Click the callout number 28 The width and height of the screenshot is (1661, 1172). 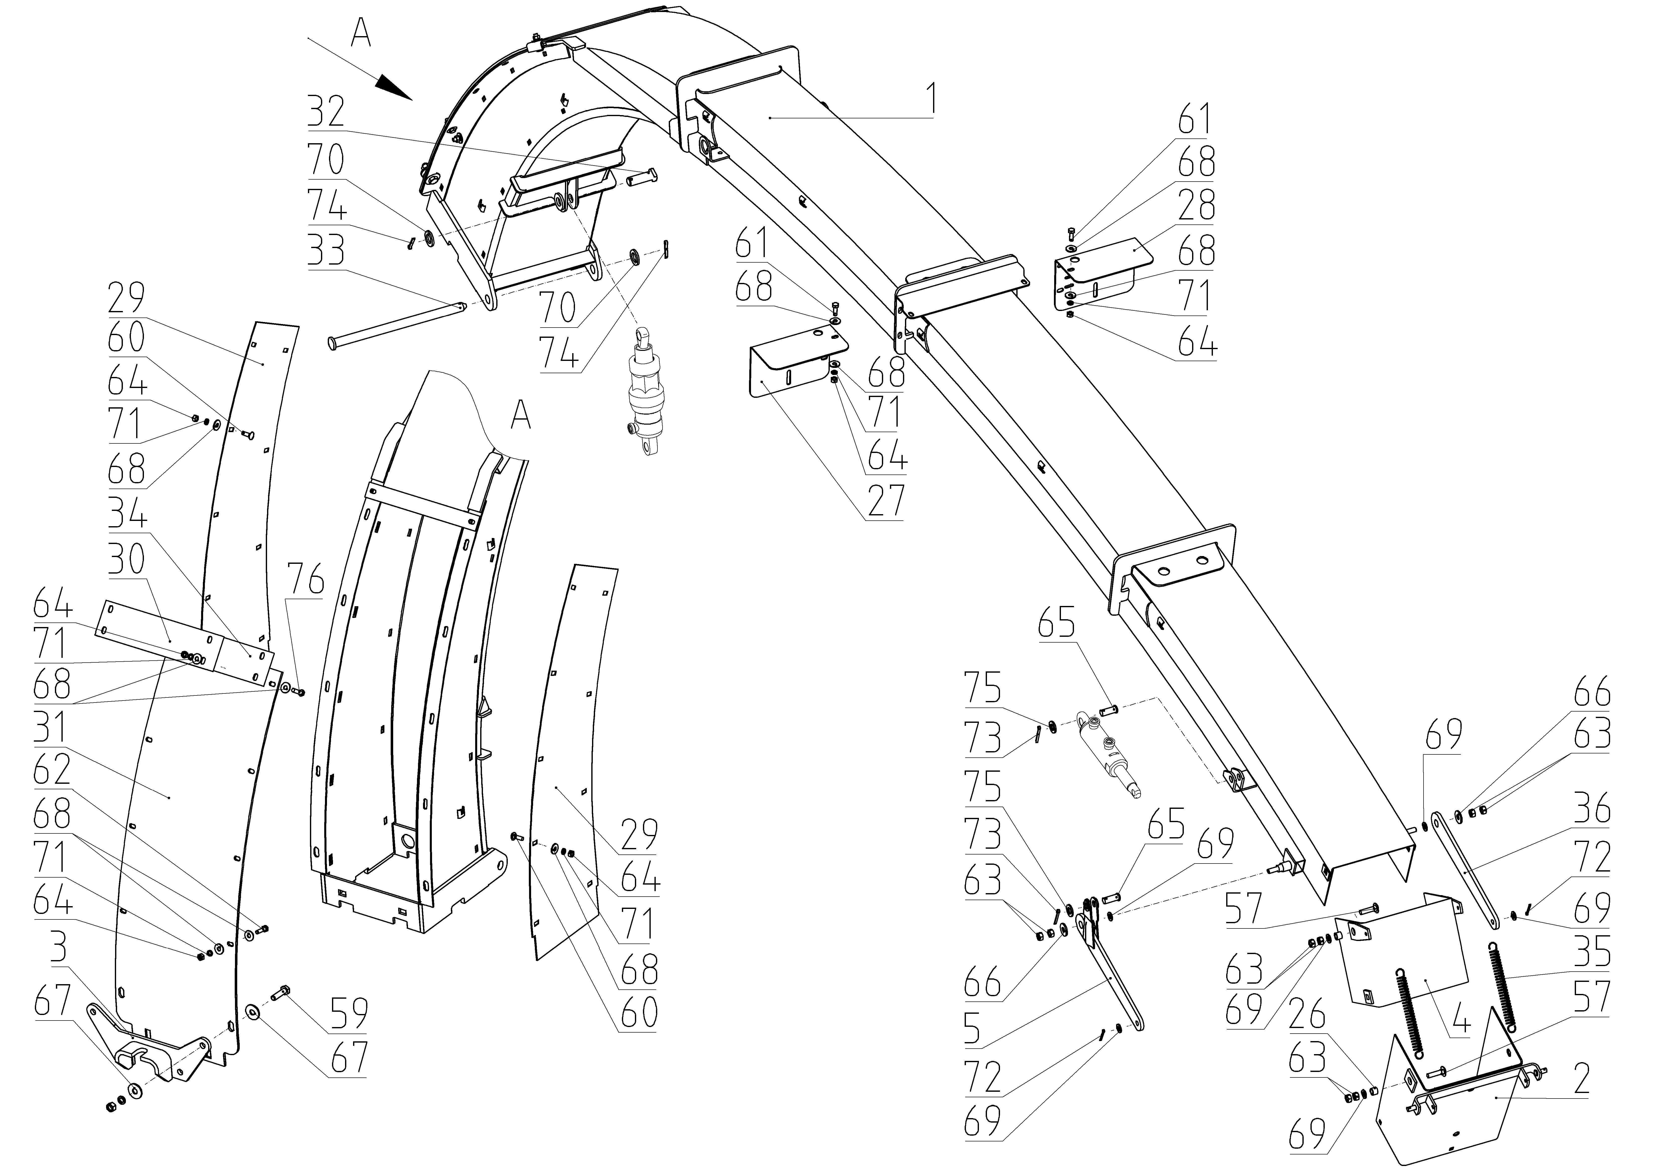[1197, 208]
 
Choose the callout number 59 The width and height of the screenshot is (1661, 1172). [349, 1013]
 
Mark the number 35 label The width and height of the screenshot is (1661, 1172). [1592, 951]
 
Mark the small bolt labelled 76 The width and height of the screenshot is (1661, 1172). [301, 692]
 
